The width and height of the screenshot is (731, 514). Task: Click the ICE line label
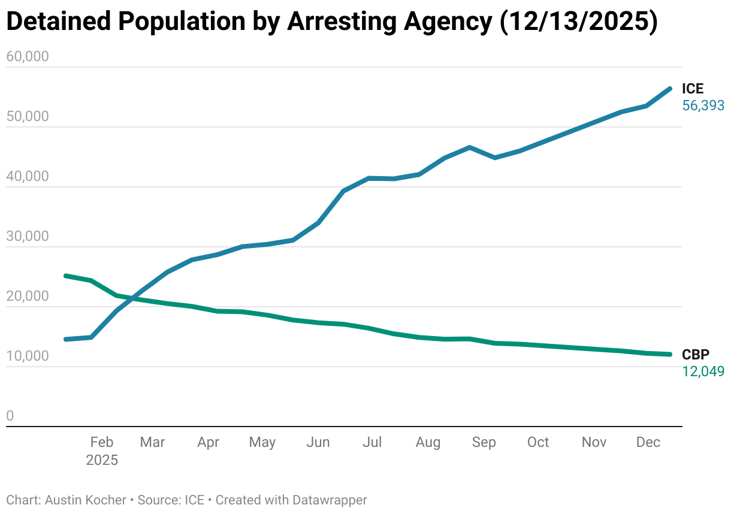(x=693, y=89)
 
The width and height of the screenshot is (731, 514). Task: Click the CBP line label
(x=696, y=355)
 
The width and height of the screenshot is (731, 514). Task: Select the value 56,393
(x=703, y=106)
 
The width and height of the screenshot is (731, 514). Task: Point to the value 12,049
(x=703, y=372)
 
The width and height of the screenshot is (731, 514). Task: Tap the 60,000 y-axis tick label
(x=27, y=57)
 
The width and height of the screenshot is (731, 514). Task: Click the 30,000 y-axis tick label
(x=27, y=237)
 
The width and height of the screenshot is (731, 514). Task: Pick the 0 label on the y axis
(x=10, y=416)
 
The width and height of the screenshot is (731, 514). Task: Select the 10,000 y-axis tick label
(x=27, y=356)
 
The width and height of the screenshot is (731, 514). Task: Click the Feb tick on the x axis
(x=101, y=443)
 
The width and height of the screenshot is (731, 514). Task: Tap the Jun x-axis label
(x=318, y=443)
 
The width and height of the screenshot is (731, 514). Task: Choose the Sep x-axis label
(x=484, y=443)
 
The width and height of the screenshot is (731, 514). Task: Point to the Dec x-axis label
(x=648, y=443)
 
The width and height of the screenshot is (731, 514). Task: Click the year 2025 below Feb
(x=102, y=461)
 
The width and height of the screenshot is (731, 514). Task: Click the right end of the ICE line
(x=669, y=89)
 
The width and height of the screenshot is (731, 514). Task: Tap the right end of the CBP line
(x=669, y=354)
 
